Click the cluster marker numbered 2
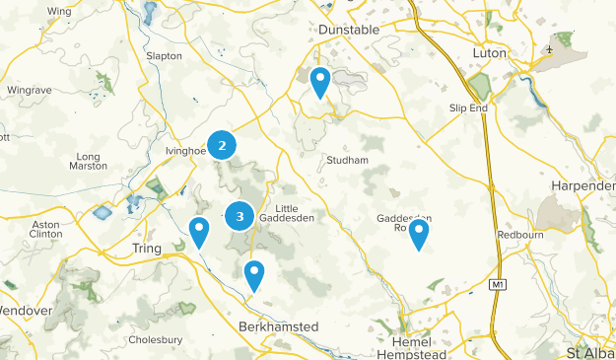pyautogui.click(x=222, y=146)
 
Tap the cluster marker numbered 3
pyautogui.click(x=240, y=216)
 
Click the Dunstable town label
pyautogui.click(x=349, y=31)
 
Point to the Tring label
pyautogui.click(x=146, y=250)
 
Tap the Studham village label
pyautogui.click(x=347, y=160)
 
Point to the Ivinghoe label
pyautogui.click(x=182, y=151)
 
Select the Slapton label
pyautogui.click(x=164, y=56)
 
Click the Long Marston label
pyautogui.click(x=89, y=161)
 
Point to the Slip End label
pyautogui.click(x=468, y=108)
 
